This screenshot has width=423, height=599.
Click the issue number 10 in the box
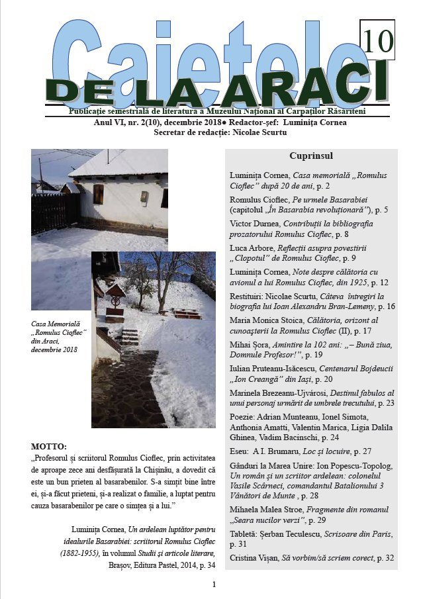pos(378,41)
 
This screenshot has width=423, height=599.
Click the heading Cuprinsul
pos(310,156)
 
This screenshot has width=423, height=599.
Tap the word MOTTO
pos(49,445)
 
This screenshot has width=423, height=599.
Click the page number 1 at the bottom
pos(214,584)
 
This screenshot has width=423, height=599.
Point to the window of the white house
pos(98,194)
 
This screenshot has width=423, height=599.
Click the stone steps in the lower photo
pos(130,337)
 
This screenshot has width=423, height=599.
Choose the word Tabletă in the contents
pos(245,534)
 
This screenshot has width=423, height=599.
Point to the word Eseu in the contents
pos(240,453)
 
